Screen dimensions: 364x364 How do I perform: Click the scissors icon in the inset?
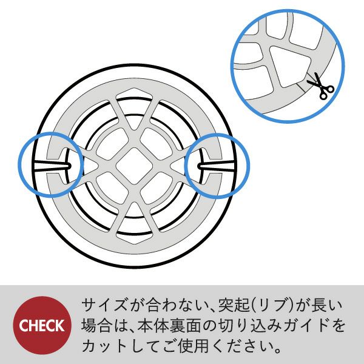click(x=321, y=86)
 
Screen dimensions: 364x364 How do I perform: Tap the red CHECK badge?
click(x=42, y=325)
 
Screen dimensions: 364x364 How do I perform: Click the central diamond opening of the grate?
click(x=134, y=166)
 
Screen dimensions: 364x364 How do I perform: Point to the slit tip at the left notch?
click(x=70, y=166)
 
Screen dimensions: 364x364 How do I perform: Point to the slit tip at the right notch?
click(x=199, y=166)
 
